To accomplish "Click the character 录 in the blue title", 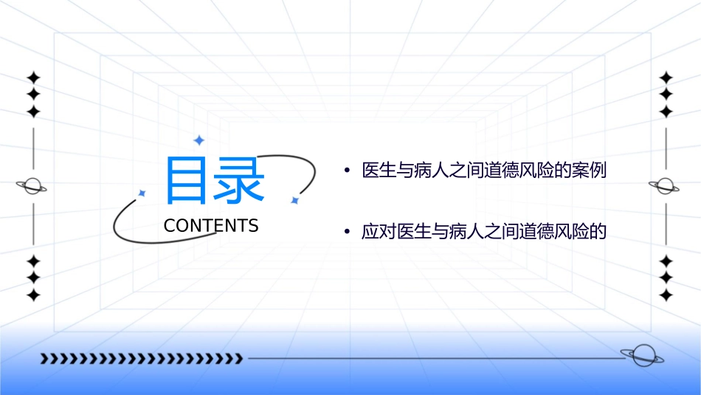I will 239,180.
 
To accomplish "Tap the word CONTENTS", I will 211,226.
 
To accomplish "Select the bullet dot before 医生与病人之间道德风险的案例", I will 346,171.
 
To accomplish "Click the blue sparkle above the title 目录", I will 198,140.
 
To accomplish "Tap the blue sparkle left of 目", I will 142,193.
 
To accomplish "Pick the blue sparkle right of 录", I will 294,200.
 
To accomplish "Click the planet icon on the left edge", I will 32,186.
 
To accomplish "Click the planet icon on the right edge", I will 666,186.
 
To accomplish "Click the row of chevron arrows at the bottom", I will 141,359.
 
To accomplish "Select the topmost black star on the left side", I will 32,78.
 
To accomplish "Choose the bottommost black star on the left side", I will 32,295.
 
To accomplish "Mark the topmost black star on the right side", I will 666,78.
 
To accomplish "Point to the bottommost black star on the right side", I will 666,295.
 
